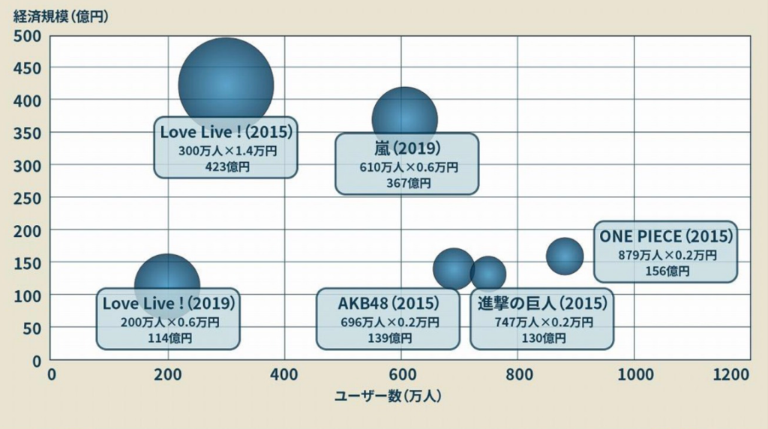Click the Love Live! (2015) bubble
pyautogui.click(x=225, y=79)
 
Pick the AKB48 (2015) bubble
pyautogui.click(x=453, y=268)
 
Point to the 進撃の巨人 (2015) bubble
pyautogui.click(x=488, y=273)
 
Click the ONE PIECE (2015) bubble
pyautogui.click(x=565, y=256)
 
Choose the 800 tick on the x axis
pyautogui.click(x=517, y=374)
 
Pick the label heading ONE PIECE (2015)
pyautogui.click(x=666, y=236)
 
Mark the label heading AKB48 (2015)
pyautogui.click(x=388, y=304)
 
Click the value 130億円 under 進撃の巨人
pyautogui.click(x=543, y=339)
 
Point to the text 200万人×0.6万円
pyautogui.click(x=169, y=322)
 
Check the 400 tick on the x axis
pyautogui.click(x=284, y=374)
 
